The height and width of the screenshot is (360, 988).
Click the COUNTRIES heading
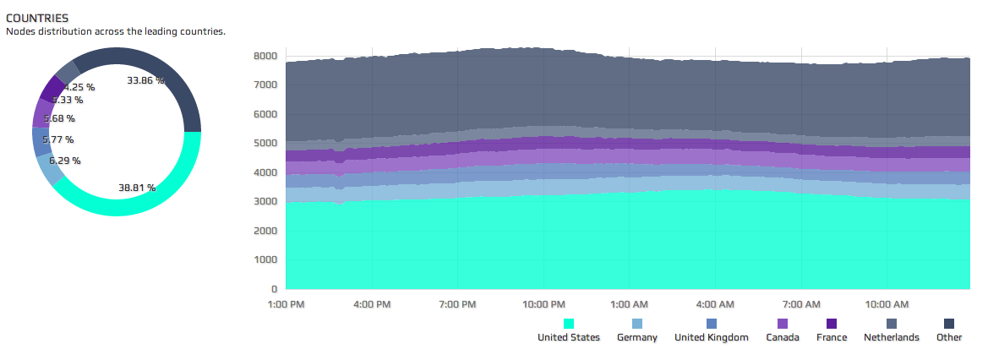[x=37, y=18]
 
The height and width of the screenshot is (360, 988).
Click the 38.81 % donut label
[x=136, y=188]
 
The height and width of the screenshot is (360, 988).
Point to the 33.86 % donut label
[x=145, y=81]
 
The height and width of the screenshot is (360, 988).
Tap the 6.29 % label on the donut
[x=64, y=161]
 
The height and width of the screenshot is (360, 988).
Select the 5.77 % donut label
[x=57, y=139]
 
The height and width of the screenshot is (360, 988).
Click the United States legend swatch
[x=569, y=324]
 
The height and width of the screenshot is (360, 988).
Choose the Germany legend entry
[x=637, y=337]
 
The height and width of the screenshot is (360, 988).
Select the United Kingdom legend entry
[x=711, y=337]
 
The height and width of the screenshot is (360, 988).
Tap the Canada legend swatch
[x=783, y=324]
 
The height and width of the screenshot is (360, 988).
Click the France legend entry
[x=831, y=337]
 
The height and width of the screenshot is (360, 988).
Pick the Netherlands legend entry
[x=891, y=337]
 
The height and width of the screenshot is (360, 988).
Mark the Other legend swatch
[x=949, y=324]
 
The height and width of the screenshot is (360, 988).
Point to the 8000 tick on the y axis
[x=265, y=56]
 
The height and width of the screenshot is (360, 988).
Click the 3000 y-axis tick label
[x=265, y=201]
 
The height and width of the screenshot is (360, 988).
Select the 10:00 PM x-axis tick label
[x=544, y=303]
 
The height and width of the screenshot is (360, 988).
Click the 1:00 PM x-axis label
[x=286, y=303]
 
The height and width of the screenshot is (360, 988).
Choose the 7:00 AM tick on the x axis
[x=800, y=303]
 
